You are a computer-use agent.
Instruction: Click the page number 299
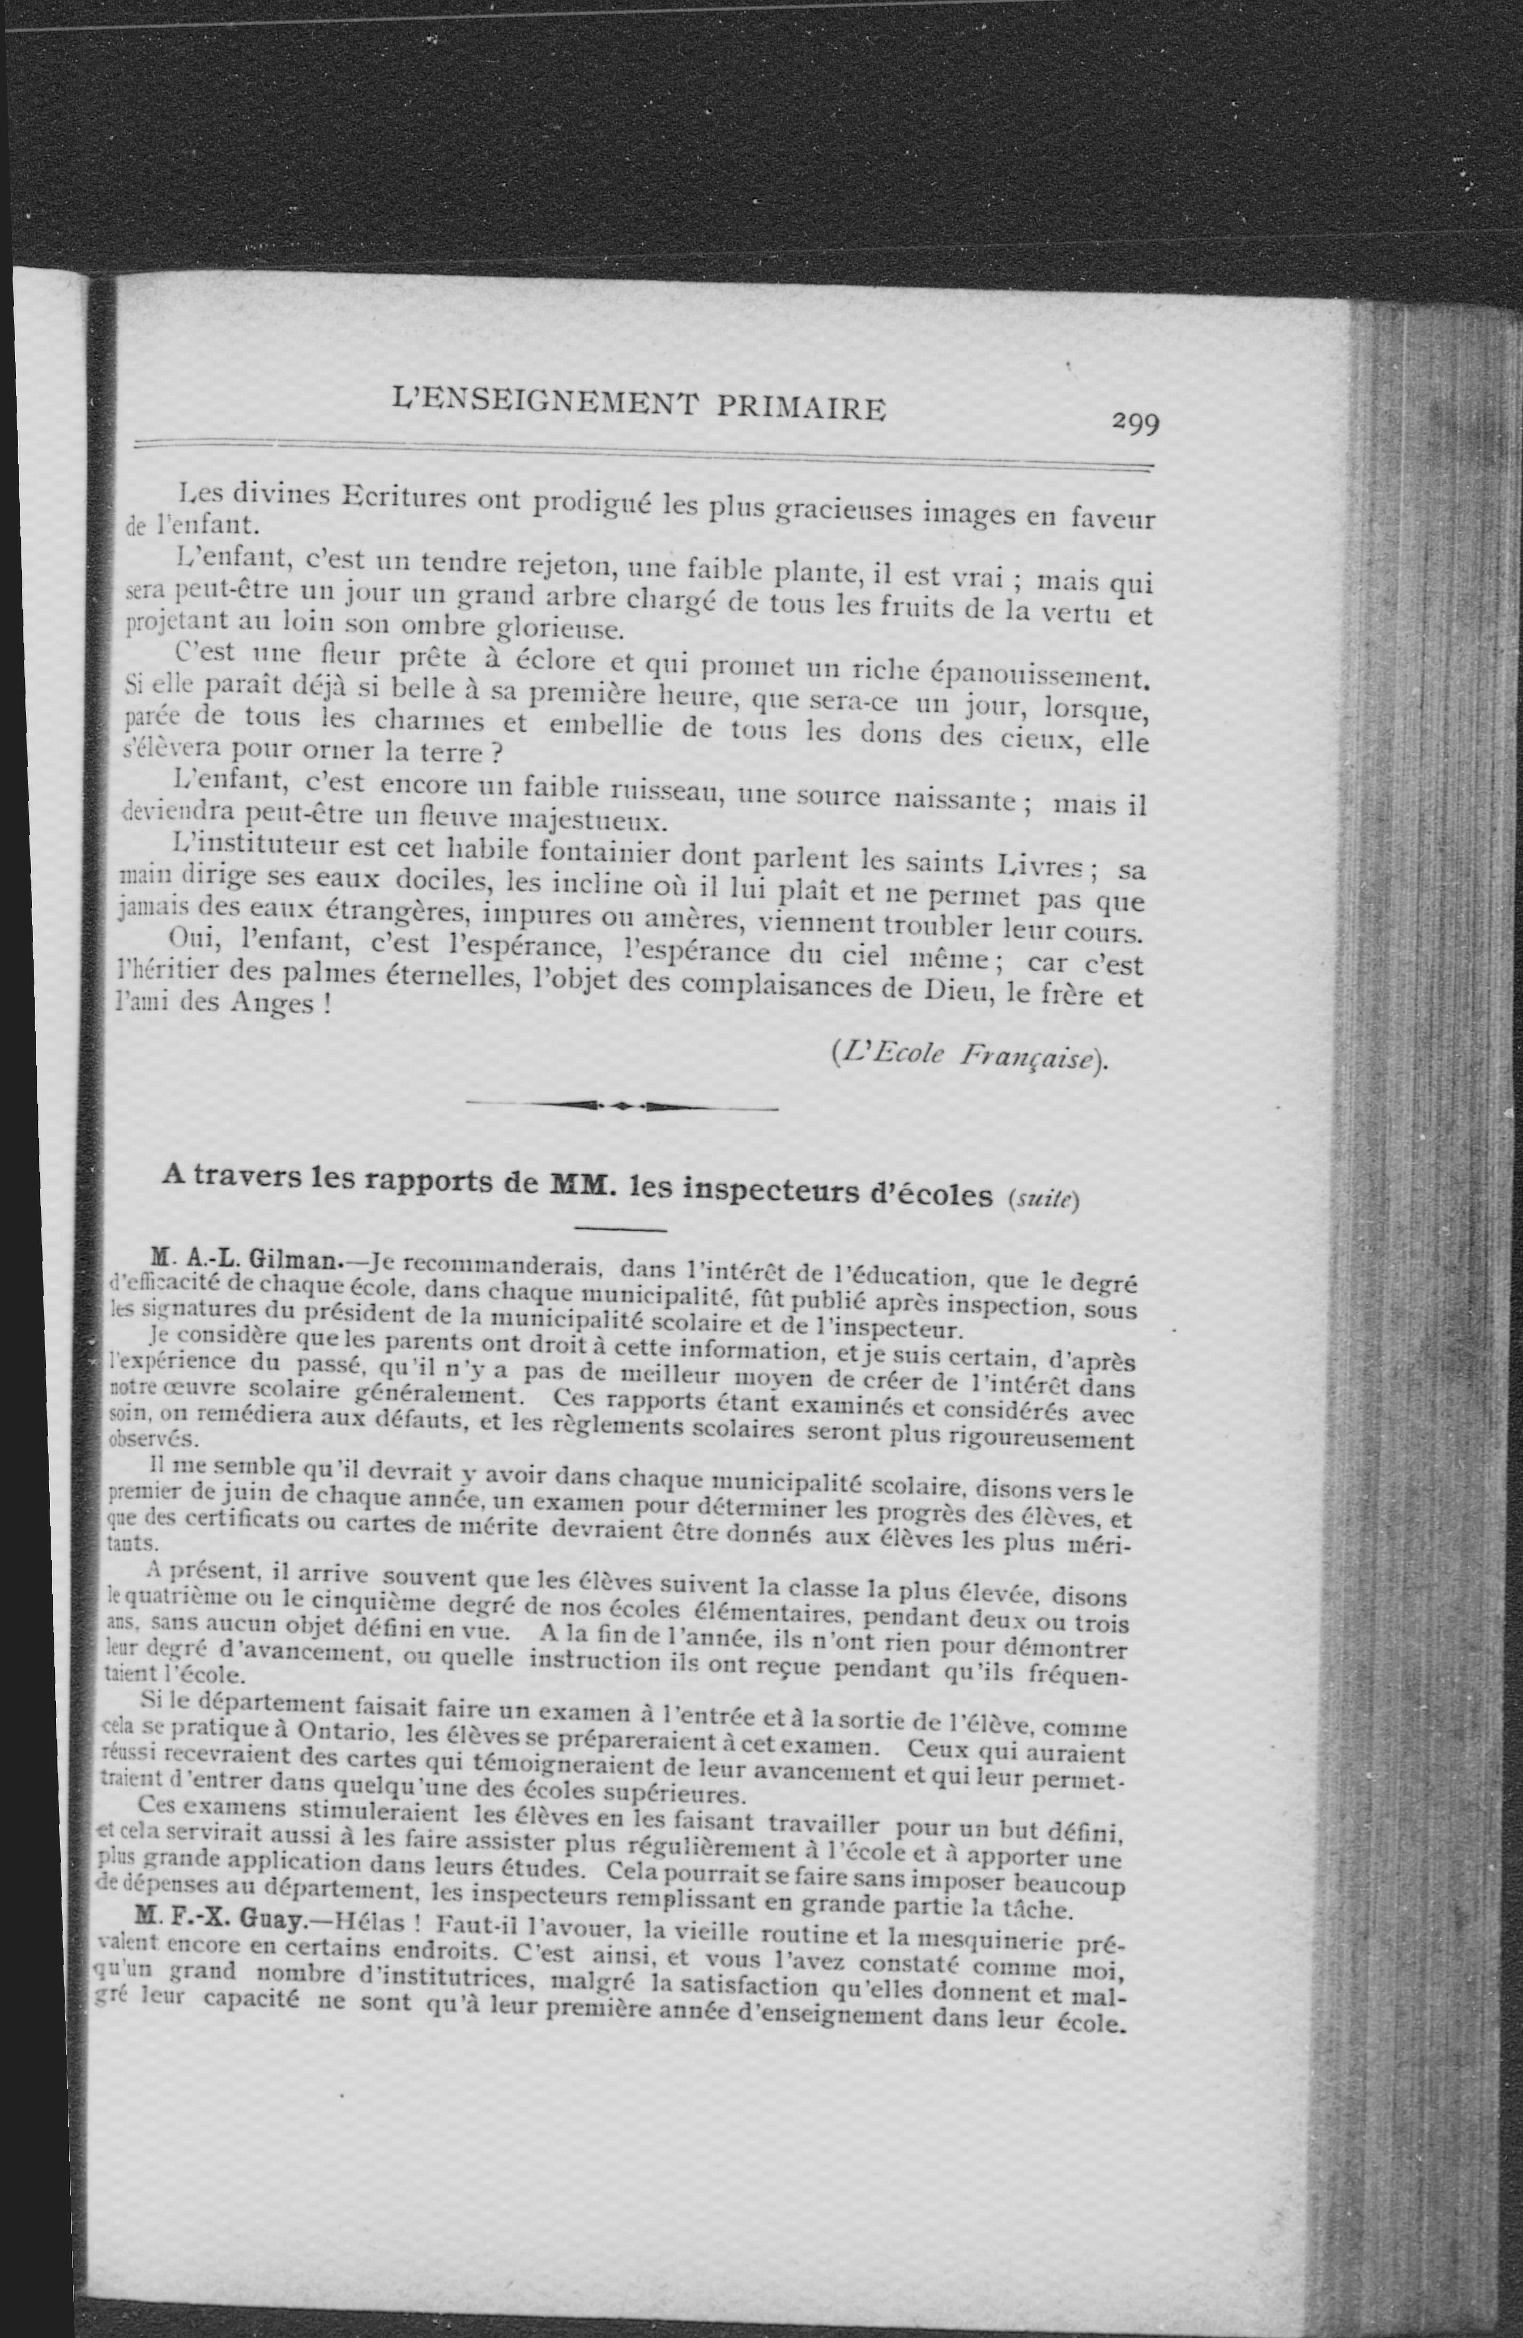tap(1135, 423)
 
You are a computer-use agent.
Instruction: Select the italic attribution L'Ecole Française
tap(967, 1056)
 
